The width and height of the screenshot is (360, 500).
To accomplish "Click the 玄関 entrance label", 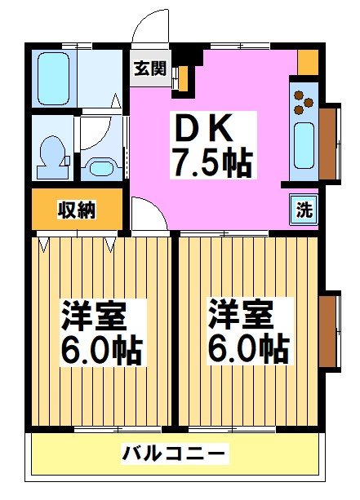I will (149, 69).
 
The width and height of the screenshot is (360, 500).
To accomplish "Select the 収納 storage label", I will (77, 210).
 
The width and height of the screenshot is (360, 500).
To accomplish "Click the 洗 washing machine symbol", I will (304, 209).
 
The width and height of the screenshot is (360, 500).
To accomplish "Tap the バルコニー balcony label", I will (175, 453).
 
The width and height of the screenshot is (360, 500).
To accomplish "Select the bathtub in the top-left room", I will (55, 77).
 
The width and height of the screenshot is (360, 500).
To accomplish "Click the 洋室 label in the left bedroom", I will (92, 316).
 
